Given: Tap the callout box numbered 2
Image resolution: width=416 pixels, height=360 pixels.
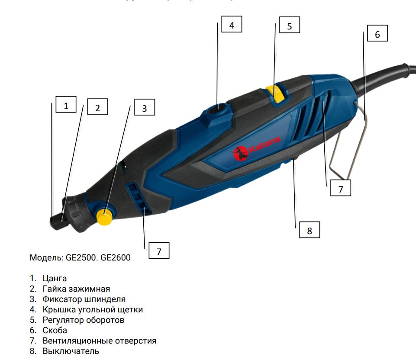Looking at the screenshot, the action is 97,108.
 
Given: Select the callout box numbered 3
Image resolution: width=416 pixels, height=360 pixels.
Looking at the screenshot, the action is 145,109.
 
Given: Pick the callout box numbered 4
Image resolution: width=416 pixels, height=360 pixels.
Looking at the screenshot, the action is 232,26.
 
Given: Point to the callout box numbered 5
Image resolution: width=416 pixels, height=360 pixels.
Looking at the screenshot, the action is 289,26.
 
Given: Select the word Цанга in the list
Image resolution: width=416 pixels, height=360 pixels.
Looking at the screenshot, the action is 55,278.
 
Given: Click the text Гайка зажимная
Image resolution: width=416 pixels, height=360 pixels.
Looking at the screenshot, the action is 76,289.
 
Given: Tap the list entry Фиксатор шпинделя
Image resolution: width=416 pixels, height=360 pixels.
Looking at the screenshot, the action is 84,299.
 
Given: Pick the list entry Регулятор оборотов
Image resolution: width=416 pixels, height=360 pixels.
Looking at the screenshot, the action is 83,320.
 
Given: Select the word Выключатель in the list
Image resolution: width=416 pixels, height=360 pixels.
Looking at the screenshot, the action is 71,351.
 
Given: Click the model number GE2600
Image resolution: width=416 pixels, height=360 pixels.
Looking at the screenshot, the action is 116,258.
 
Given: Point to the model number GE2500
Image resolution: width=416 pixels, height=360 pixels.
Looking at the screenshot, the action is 81,258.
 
